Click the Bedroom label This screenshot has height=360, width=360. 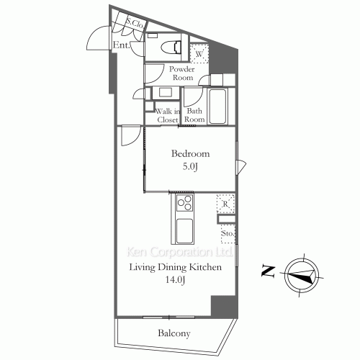click(x=190, y=153)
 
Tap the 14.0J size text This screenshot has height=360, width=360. click(x=175, y=279)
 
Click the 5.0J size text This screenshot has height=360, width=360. click(x=190, y=166)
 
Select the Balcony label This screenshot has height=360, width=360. click(x=174, y=333)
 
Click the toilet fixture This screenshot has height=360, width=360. click(x=171, y=48)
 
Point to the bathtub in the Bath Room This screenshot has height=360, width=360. click(x=217, y=107)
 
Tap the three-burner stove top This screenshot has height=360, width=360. click(x=184, y=203)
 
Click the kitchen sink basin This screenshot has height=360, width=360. click(x=184, y=231)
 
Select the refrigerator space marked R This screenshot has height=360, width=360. click(x=225, y=204)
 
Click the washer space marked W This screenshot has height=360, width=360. click(x=199, y=53)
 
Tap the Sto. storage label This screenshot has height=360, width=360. click(x=227, y=233)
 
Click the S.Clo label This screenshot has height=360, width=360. click(x=135, y=23)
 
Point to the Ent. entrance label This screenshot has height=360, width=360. click(x=122, y=45)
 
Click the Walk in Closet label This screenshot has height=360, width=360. click(x=168, y=115)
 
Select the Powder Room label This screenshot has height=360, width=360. click(x=182, y=73)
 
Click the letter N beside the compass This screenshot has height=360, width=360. click(x=268, y=271)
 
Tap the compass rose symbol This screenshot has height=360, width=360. click(x=302, y=275)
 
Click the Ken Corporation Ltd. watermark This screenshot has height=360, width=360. click(x=179, y=252)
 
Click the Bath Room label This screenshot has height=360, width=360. click(x=194, y=115)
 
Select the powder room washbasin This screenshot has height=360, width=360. click(x=166, y=93)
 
